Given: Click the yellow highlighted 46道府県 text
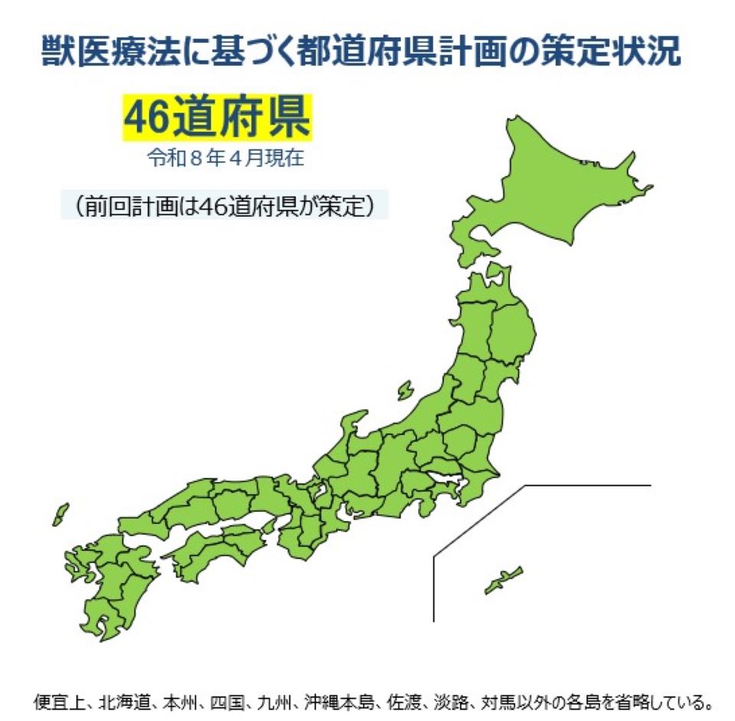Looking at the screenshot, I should coord(217,117).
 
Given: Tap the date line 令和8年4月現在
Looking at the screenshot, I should coord(227,159).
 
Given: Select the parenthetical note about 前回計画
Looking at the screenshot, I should coord(224,207).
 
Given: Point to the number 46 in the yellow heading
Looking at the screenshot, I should coord(145,117).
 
